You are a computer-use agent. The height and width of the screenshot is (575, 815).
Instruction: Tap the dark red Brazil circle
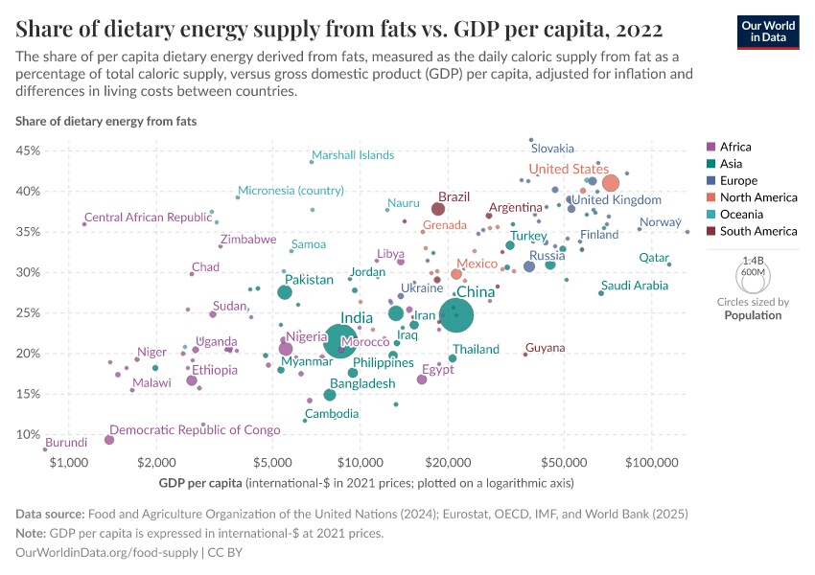click(438, 209)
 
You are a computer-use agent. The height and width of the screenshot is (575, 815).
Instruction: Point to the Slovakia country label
click(552, 149)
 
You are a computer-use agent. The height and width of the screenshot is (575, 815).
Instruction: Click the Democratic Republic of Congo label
click(195, 430)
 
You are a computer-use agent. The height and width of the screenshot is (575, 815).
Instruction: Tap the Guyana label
click(545, 348)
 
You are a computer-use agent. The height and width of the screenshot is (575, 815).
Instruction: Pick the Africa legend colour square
click(710, 147)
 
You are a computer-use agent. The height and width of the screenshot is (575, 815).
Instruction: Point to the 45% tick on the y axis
click(27, 150)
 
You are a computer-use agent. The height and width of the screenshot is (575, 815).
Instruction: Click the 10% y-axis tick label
click(27, 434)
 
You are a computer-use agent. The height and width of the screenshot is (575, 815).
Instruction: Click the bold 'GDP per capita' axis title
click(200, 482)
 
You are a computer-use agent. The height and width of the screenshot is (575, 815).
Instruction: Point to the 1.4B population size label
click(753, 260)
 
